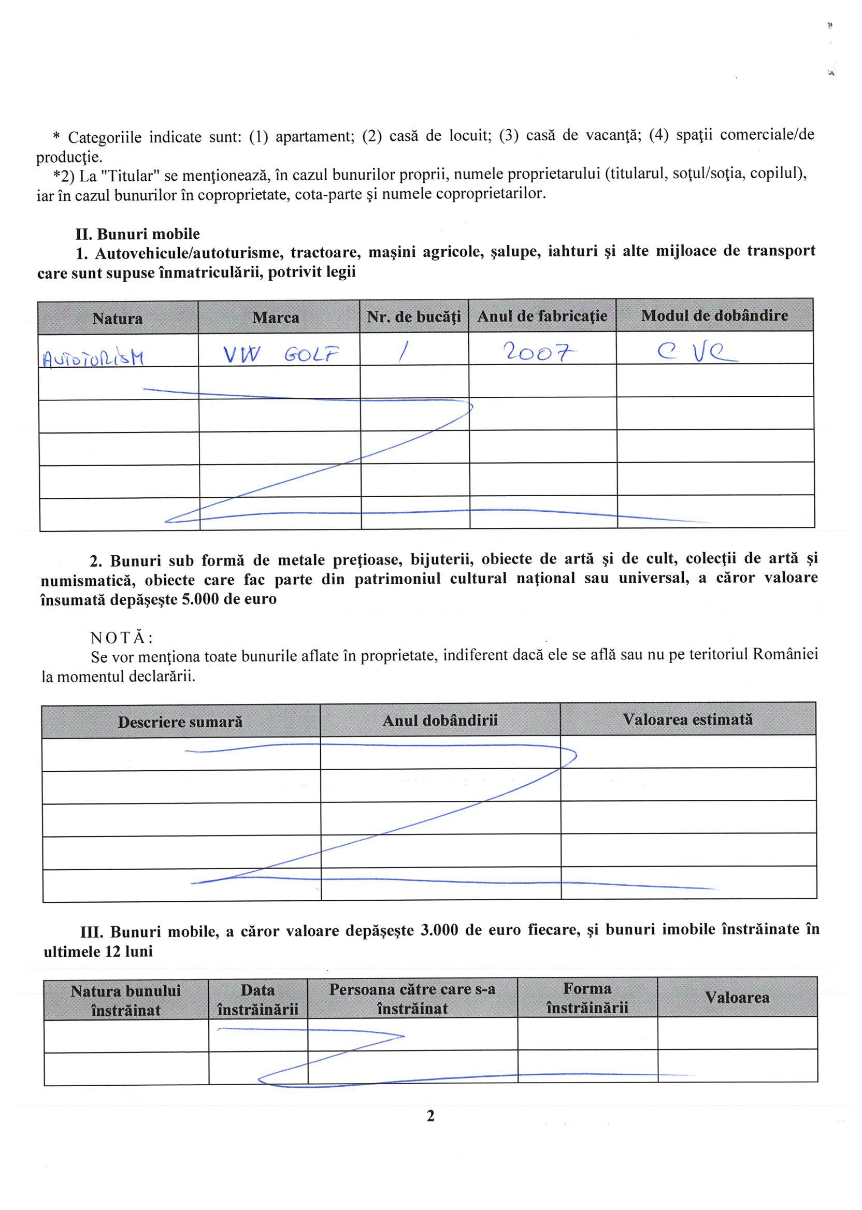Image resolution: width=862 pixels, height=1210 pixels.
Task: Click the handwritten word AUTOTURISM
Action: click(93, 359)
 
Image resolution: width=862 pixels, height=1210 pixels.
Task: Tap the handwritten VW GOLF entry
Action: click(281, 354)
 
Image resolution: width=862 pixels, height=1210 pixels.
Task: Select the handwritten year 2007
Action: click(539, 351)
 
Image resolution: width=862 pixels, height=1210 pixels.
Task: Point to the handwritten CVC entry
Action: click(696, 351)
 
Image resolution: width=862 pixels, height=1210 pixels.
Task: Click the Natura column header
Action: click(117, 319)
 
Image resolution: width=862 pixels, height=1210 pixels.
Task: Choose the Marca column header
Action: click(276, 318)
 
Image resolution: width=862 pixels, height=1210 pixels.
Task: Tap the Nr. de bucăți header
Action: click(413, 317)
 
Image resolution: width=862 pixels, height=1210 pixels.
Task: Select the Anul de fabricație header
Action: click(542, 316)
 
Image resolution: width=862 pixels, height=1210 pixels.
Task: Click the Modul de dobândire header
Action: click(714, 315)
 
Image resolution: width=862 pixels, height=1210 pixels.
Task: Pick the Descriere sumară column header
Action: click(180, 722)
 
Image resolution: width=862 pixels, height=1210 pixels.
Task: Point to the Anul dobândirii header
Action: click(440, 720)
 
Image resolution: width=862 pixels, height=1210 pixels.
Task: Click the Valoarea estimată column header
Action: click(687, 719)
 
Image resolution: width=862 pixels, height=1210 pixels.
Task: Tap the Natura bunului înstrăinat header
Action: click(126, 1000)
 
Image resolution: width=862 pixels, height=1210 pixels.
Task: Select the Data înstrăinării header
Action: click(257, 999)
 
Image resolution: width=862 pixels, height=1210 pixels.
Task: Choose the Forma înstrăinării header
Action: click(587, 998)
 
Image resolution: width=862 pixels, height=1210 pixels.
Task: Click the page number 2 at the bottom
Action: click(430, 1116)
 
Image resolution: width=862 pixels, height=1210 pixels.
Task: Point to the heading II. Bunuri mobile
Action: click(137, 234)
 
